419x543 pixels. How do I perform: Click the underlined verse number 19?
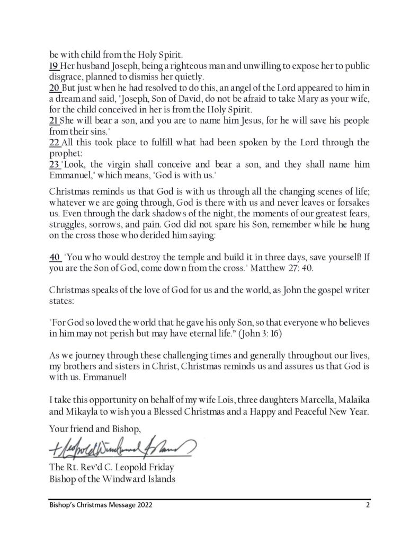click(x=53, y=66)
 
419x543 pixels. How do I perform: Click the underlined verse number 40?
click(x=55, y=258)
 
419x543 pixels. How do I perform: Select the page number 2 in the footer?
click(x=367, y=505)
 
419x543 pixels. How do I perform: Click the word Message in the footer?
click(x=112, y=505)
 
